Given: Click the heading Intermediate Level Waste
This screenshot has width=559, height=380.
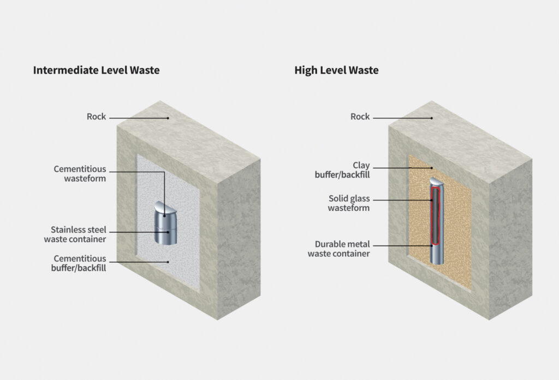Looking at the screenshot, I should coord(96,70).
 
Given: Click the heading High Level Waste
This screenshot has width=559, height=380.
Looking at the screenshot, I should coord(336,70).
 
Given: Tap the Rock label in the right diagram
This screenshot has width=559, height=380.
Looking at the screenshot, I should coord(360,117).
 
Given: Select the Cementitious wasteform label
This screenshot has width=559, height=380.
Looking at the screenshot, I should coord(80,174).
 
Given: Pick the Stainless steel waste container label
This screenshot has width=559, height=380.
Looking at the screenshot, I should coord(78,234).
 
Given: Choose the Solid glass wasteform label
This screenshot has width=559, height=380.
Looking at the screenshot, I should coord(349,203).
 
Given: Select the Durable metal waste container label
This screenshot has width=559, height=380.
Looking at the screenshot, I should coord(338,249).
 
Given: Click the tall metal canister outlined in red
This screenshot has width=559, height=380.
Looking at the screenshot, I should coord(436,224).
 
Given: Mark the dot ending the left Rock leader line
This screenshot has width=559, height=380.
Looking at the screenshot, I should coord(169,117).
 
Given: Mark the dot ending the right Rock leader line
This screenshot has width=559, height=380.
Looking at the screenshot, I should coord(431,117).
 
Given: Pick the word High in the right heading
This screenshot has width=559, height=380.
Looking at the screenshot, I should coord(305,70).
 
